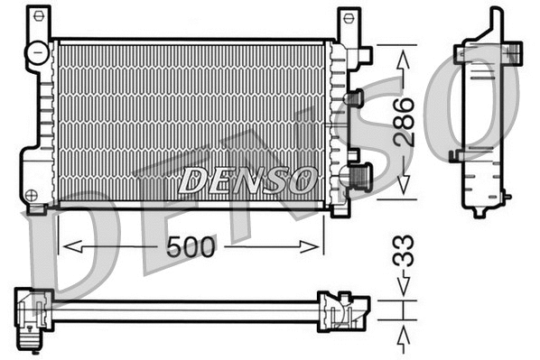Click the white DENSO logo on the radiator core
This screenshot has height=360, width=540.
point(246,179)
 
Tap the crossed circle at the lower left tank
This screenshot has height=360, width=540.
point(32,194)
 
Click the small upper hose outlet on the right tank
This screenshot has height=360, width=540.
point(354,97)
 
